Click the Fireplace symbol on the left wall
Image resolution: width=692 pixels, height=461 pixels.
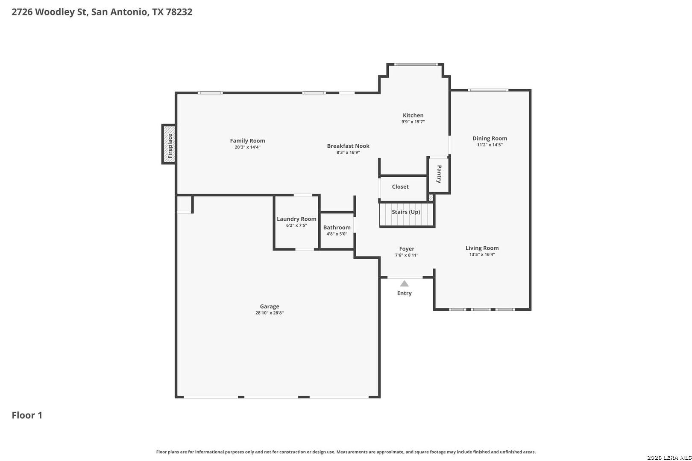[169, 144]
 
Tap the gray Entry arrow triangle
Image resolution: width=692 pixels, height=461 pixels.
[405, 283]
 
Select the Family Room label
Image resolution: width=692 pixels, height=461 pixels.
[247, 141]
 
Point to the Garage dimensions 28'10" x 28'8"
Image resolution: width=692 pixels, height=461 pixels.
[270, 313]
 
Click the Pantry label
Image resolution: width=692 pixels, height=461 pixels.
[439, 174]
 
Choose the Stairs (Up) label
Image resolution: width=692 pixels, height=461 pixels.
[406, 212]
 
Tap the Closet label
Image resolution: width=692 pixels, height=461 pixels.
[400, 187]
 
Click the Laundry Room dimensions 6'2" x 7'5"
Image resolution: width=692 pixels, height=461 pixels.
[296, 225]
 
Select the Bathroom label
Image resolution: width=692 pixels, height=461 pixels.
[337, 228]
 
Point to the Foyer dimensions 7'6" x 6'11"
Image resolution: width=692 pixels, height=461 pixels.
[407, 255]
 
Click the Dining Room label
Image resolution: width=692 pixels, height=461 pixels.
[490, 138]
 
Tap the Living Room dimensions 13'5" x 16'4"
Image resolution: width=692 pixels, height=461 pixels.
[482, 254]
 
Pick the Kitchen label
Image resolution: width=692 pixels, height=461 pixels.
[413, 115]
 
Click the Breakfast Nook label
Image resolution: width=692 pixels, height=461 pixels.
[348, 146]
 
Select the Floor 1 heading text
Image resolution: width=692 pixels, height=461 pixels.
[27, 415]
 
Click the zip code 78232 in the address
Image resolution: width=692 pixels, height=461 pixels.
[179, 12]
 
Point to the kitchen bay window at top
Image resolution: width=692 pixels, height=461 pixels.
[416, 64]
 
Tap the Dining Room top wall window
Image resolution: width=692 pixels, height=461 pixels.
[488, 90]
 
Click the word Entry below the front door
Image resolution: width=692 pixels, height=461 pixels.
[405, 293]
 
